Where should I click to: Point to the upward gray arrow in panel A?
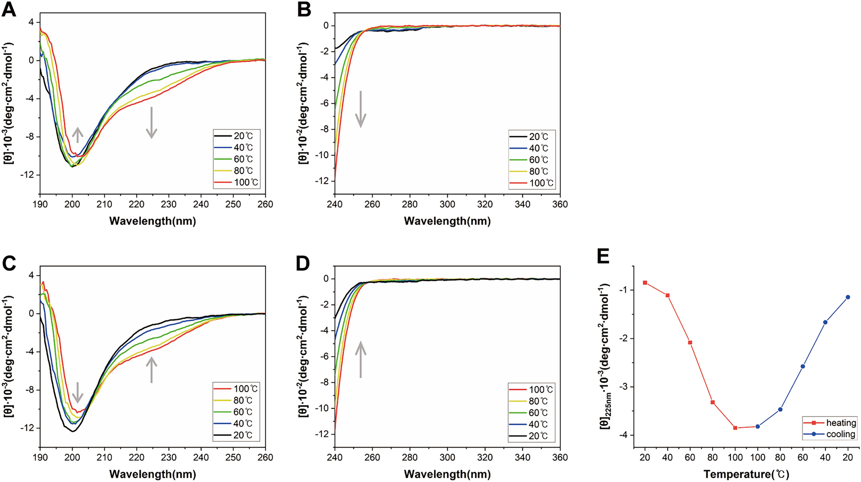pyautogui.click(x=77, y=135)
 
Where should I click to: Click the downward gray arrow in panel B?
pyautogui.click(x=361, y=109)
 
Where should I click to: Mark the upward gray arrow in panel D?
pyautogui.click(x=361, y=359)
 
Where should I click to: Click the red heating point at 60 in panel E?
pyautogui.click(x=690, y=342)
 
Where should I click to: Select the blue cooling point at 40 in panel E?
pyautogui.click(x=825, y=322)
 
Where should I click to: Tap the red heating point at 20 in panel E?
pyautogui.click(x=645, y=283)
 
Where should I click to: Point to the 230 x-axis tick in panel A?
pyautogui.click(x=169, y=204)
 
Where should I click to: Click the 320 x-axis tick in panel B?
pyautogui.click(x=485, y=204)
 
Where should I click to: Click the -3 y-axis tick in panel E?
pyautogui.click(x=624, y=387)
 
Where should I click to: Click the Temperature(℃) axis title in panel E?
pyautogui.click(x=746, y=474)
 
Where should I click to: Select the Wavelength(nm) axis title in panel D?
pyautogui.click(x=447, y=474)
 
